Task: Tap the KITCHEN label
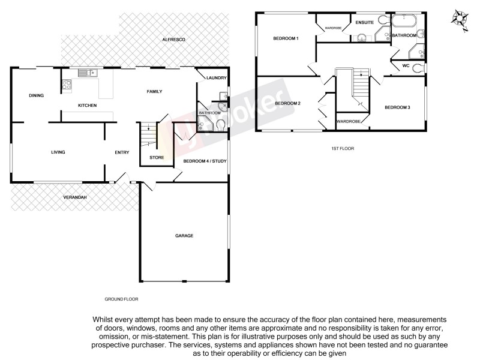88,106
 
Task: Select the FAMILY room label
155,91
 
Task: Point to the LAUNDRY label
215,78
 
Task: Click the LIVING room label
58,152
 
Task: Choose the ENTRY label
122,152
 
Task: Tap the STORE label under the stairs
157,158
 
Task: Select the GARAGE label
184,235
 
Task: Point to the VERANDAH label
76,197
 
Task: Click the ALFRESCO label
174,39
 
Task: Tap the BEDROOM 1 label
286,38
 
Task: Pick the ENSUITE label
364,22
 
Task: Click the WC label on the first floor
406,65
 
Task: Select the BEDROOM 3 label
397,107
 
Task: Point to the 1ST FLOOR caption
341,148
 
